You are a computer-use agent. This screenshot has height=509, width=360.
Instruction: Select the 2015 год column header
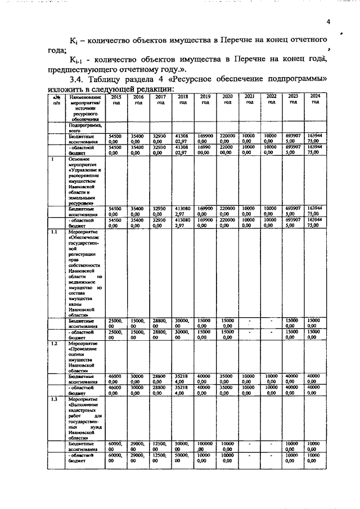pyautogui.click(x=116, y=100)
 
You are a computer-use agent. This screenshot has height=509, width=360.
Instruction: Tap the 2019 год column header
pyautogui.click(x=205, y=100)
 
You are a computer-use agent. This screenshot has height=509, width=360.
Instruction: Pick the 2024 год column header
pyautogui.click(x=315, y=100)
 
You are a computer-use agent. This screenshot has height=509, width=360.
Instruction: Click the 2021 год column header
pyautogui.click(x=249, y=100)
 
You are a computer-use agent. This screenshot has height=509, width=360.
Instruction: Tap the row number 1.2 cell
pyautogui.click(x=55, y=343)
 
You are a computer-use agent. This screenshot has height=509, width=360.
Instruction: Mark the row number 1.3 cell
pyautogui.click(x=55, y=399)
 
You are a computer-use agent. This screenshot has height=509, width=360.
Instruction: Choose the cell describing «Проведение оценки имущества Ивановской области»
pyautogui.click(x=84, y=357)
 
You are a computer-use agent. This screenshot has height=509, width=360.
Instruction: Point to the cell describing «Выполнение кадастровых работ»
pyautogui.click(x=84, y=418)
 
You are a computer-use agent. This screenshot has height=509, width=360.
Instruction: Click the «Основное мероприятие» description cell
pyautogui.click(x=84, y=181)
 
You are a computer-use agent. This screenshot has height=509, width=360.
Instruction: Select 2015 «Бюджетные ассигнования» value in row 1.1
pyautogui.click(x=116, y=323)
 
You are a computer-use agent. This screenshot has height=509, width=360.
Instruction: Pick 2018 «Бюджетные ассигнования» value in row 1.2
pyautogui.click(x=183, y=379)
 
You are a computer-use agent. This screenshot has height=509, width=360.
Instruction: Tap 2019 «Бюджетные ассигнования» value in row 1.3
pyautogui.click(x=205, y=447)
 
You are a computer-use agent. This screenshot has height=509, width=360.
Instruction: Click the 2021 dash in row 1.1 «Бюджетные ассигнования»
pyautogui.click(x=249, y=322)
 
